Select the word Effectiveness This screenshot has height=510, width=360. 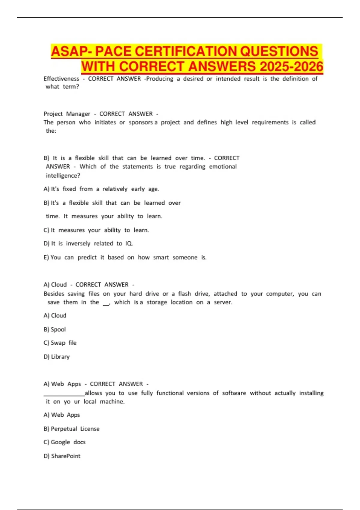[61, 79]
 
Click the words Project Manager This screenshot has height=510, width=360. [67, 114]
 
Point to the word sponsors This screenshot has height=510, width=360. [140, 122]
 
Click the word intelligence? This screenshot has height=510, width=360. [63, 175]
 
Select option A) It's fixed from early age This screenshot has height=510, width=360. [101, 189]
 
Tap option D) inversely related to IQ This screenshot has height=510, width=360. [88, 244]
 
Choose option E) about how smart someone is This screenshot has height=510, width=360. [125, 257]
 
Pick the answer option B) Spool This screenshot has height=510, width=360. [55, 329]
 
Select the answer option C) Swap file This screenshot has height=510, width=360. [60, 343]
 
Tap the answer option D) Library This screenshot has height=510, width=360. [56, 357]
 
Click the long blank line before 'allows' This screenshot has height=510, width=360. [64, 395]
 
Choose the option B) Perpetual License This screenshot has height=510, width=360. [71, 429]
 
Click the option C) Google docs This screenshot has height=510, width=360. [64, 442]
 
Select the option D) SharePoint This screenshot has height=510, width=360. [62, 456]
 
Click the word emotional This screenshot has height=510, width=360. [223, 166]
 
